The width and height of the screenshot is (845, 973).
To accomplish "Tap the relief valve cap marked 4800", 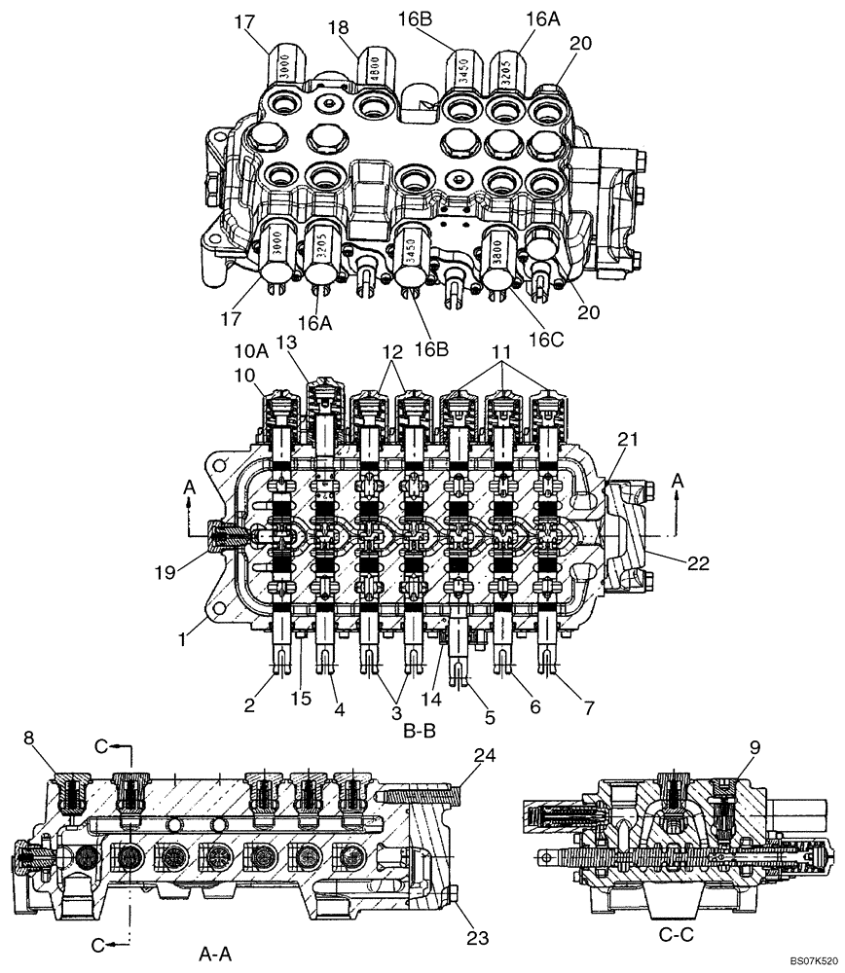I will click(x=374, y=69).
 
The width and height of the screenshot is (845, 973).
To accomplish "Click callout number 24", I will click(x=484, y=755).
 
